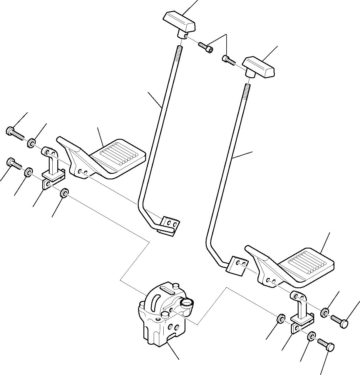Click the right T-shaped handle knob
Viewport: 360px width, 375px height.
click(258, 67)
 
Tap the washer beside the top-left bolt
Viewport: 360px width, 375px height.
click(31, 143)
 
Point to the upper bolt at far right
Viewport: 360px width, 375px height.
click(340, 321)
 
